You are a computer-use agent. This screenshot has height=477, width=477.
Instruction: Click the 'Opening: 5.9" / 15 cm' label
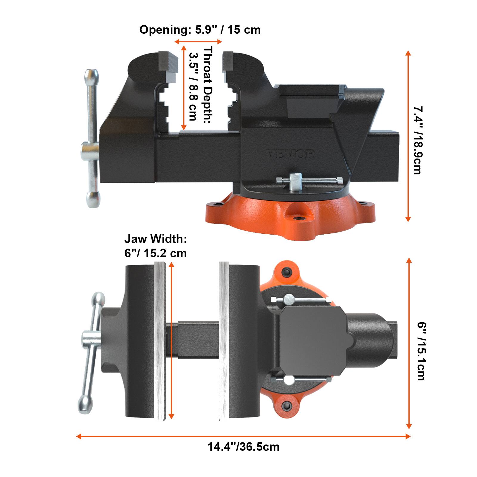click(x=200, y=30)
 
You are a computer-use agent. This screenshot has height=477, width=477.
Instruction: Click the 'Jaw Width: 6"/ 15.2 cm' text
click(x=155, y=246)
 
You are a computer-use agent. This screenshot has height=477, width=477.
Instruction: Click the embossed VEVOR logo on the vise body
click(x=290, y=154)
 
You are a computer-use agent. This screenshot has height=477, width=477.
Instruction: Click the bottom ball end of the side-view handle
click(x=93, y=199)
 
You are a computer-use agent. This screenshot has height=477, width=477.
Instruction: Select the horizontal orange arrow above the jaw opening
click(x=198, y=42)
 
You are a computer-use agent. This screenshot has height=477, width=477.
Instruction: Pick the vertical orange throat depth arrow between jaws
click(x=184, y=88)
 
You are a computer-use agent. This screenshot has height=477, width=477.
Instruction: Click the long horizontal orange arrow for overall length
click(x=244, y=436)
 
